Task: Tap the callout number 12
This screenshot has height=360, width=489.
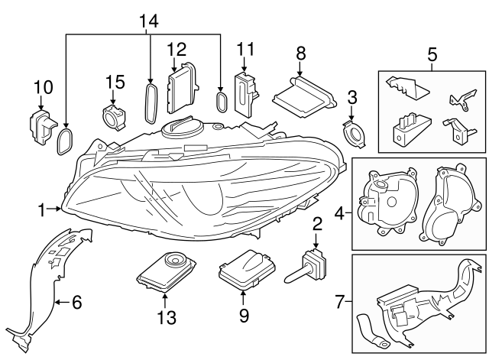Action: tap(176, 49)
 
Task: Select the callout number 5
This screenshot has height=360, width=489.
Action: tap(432, 55)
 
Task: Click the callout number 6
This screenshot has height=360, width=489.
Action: tap(76, 303)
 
